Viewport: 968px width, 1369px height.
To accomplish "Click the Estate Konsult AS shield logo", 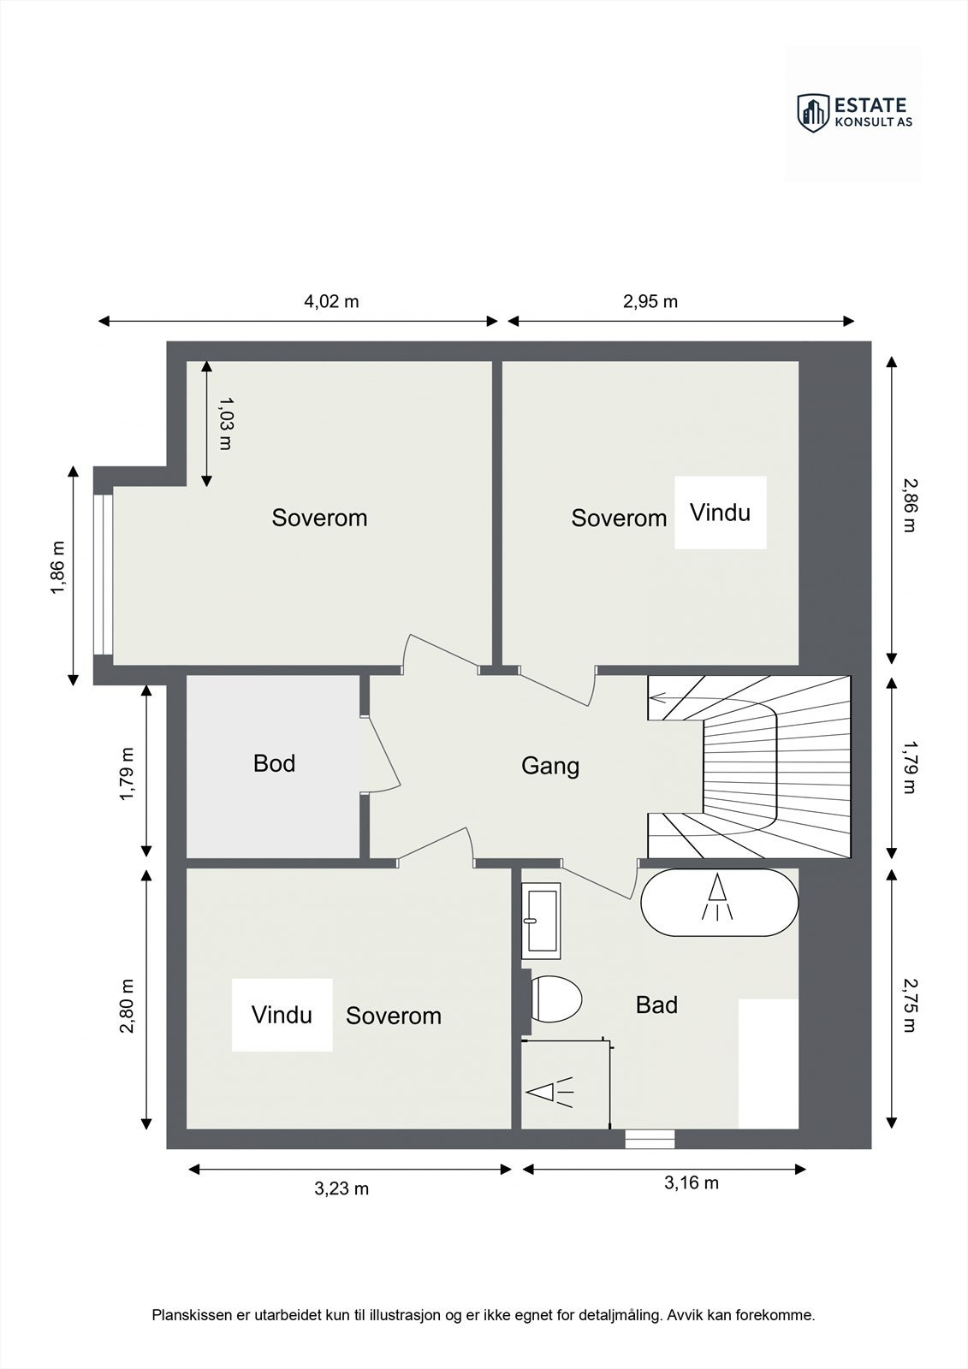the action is pos(814,114).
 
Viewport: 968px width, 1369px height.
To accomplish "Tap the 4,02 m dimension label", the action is pos(331,301).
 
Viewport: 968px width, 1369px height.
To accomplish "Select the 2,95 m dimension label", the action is pos(650,301).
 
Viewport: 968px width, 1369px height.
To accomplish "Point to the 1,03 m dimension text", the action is pos(226,424).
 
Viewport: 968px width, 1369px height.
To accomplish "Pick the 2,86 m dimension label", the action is pos(909,505).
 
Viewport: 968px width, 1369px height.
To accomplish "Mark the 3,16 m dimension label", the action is pos(692,1182).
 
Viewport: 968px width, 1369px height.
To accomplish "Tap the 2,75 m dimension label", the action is pos(909,1005).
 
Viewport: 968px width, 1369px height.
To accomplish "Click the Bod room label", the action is pos(275,763).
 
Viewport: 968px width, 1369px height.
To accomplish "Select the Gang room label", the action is pos(550,767).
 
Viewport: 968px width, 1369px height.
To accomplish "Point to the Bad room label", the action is pos(656,1005).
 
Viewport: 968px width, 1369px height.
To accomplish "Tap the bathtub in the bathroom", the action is pos(719,902).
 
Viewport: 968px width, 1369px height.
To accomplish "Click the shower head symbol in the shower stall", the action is pos(549,1092).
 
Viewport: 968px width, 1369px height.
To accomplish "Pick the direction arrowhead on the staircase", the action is pos(657,698).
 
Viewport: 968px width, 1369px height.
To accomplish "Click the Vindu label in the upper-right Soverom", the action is pos(721,513).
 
